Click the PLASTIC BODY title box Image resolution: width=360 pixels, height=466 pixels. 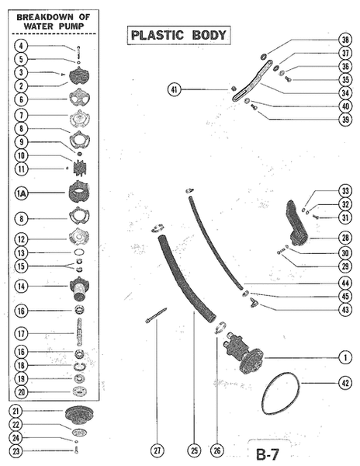pyautogui.click(x=179, y=36)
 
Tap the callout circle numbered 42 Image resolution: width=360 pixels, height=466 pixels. pyautogui.click(x=345, y=383)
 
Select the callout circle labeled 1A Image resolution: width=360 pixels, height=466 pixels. pyautogui.click(x=22, y=193)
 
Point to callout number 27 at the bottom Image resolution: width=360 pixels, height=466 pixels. pyautogui.click(x=157, y=450)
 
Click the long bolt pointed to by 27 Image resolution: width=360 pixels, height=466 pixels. pyautogui.click(x=156, y=315)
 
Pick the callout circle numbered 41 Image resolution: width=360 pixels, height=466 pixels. pyautogui.click(x=175, y=89)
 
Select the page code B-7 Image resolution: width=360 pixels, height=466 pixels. pyautogui.click(x=268, y=454)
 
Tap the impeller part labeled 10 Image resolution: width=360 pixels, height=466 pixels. pyautogui.click(x=80, y=169)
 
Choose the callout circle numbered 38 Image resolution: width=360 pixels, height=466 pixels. pyautogui.click(x=345, y=40)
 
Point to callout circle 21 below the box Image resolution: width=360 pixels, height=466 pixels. pyautogui.click(x=16, y=411)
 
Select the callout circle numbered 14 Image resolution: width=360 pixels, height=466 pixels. pyautogui.click(x=22, y=286)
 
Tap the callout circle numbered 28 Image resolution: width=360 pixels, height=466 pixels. pyautogui.click(x=345, y=238)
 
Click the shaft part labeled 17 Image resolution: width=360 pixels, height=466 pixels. pyautogui.click(x=79, y=332)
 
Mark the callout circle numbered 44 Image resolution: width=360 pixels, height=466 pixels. pyautogui.click(x=345, y=283)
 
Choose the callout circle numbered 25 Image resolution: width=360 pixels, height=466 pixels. pyautogui.click(x=194, y=450)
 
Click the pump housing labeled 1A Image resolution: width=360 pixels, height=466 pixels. pyautogui.click(x=79, y=191)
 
